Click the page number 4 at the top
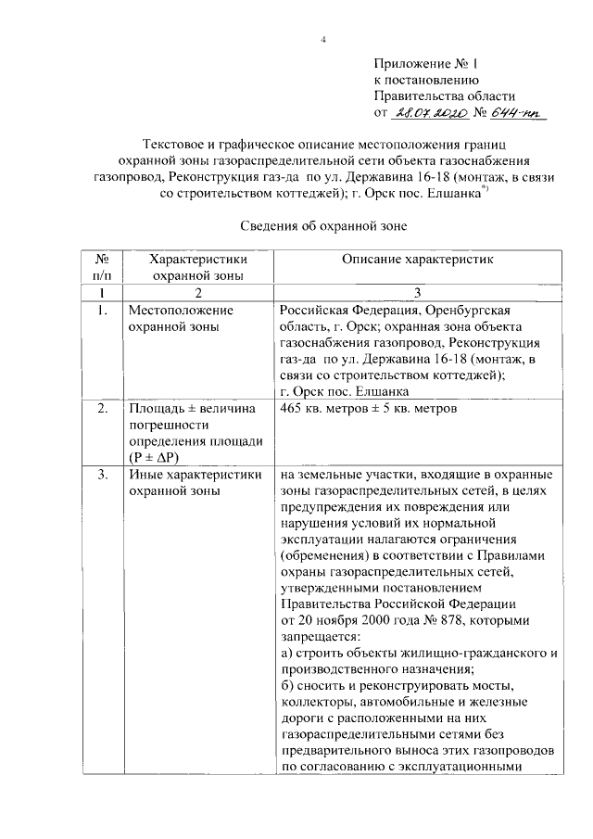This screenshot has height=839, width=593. click(324, 38)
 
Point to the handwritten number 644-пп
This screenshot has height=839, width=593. click(519, 113)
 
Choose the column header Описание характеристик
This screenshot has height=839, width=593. click(418, 261)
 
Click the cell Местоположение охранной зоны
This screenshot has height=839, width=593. click(181, 318)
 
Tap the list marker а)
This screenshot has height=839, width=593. click(285, 655)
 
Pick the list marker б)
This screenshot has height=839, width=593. click(286, 687)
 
